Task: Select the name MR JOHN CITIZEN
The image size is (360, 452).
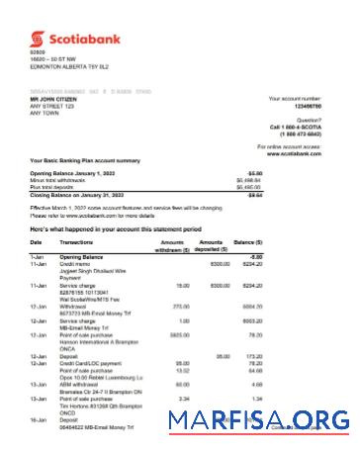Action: point(56,101)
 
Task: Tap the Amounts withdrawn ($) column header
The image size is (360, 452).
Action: point(170,245)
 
